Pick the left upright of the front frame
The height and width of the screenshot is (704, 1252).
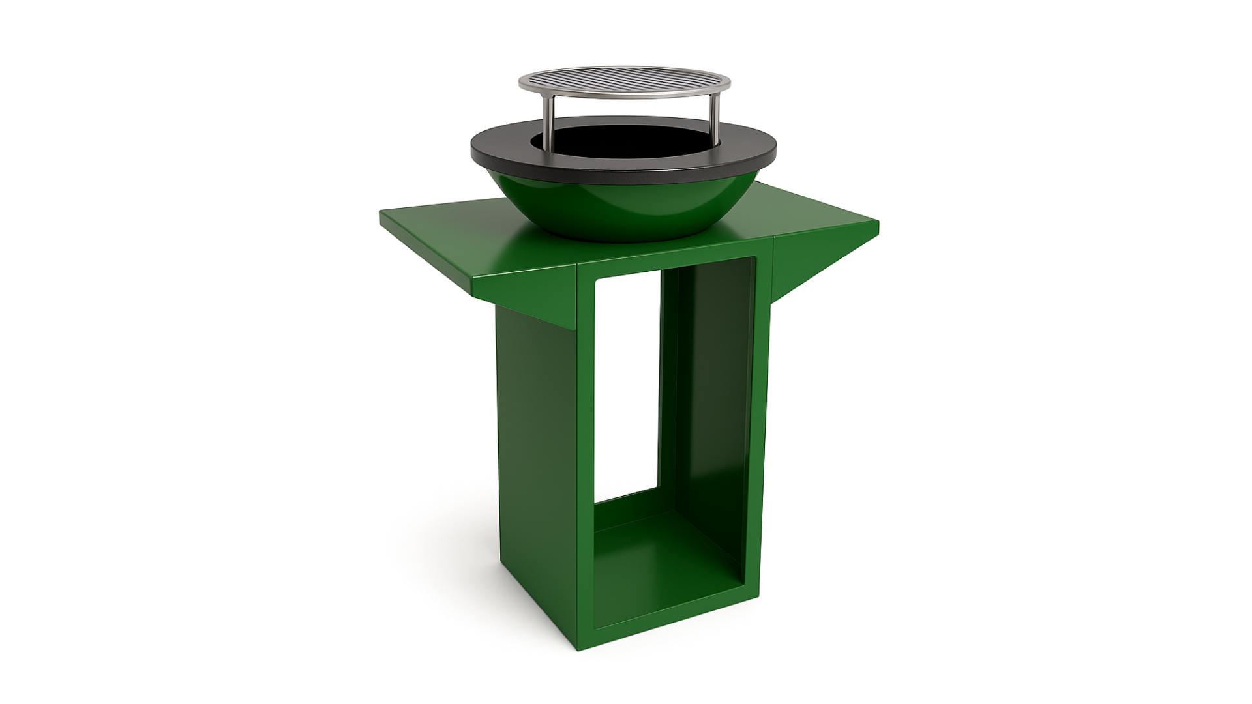click(586, 456)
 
